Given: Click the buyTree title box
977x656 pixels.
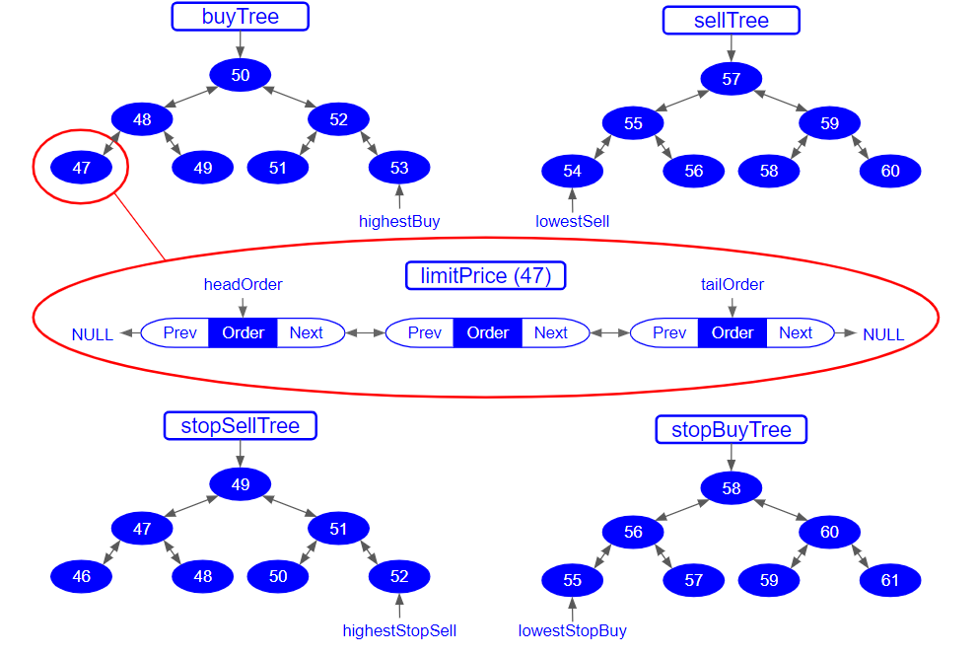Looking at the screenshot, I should click(240, 17).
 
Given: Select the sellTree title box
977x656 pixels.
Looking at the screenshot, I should click(731, 21).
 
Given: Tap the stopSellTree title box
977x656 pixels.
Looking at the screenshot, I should click(240, 426).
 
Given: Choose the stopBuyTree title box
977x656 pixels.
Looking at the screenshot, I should click(731, 430).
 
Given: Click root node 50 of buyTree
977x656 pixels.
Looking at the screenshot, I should click(240, 76).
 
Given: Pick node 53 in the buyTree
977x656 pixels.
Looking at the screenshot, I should click(398, 168).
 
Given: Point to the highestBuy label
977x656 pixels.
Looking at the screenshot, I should click(398, 221).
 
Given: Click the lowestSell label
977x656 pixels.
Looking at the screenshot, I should click(572, 221).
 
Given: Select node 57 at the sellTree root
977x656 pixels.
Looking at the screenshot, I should click(731, 79).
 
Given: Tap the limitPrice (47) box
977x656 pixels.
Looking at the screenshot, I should click(485, 275).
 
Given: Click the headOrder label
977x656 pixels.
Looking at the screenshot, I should click(243, 284).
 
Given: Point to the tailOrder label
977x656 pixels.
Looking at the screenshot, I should click(732, 284).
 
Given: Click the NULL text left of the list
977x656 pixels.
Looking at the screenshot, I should click(93, 334).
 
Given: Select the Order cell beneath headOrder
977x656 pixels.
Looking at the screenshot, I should click(243, 332).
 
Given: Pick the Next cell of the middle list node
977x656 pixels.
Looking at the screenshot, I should click(550, 332).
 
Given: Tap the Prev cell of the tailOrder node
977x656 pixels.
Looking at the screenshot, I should click(668, 332).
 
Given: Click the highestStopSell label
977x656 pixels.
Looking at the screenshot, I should click(398, 630).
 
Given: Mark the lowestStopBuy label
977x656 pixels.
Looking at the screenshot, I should click(572, 630).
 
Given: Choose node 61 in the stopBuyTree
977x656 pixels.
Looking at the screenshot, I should click(889, 580).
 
